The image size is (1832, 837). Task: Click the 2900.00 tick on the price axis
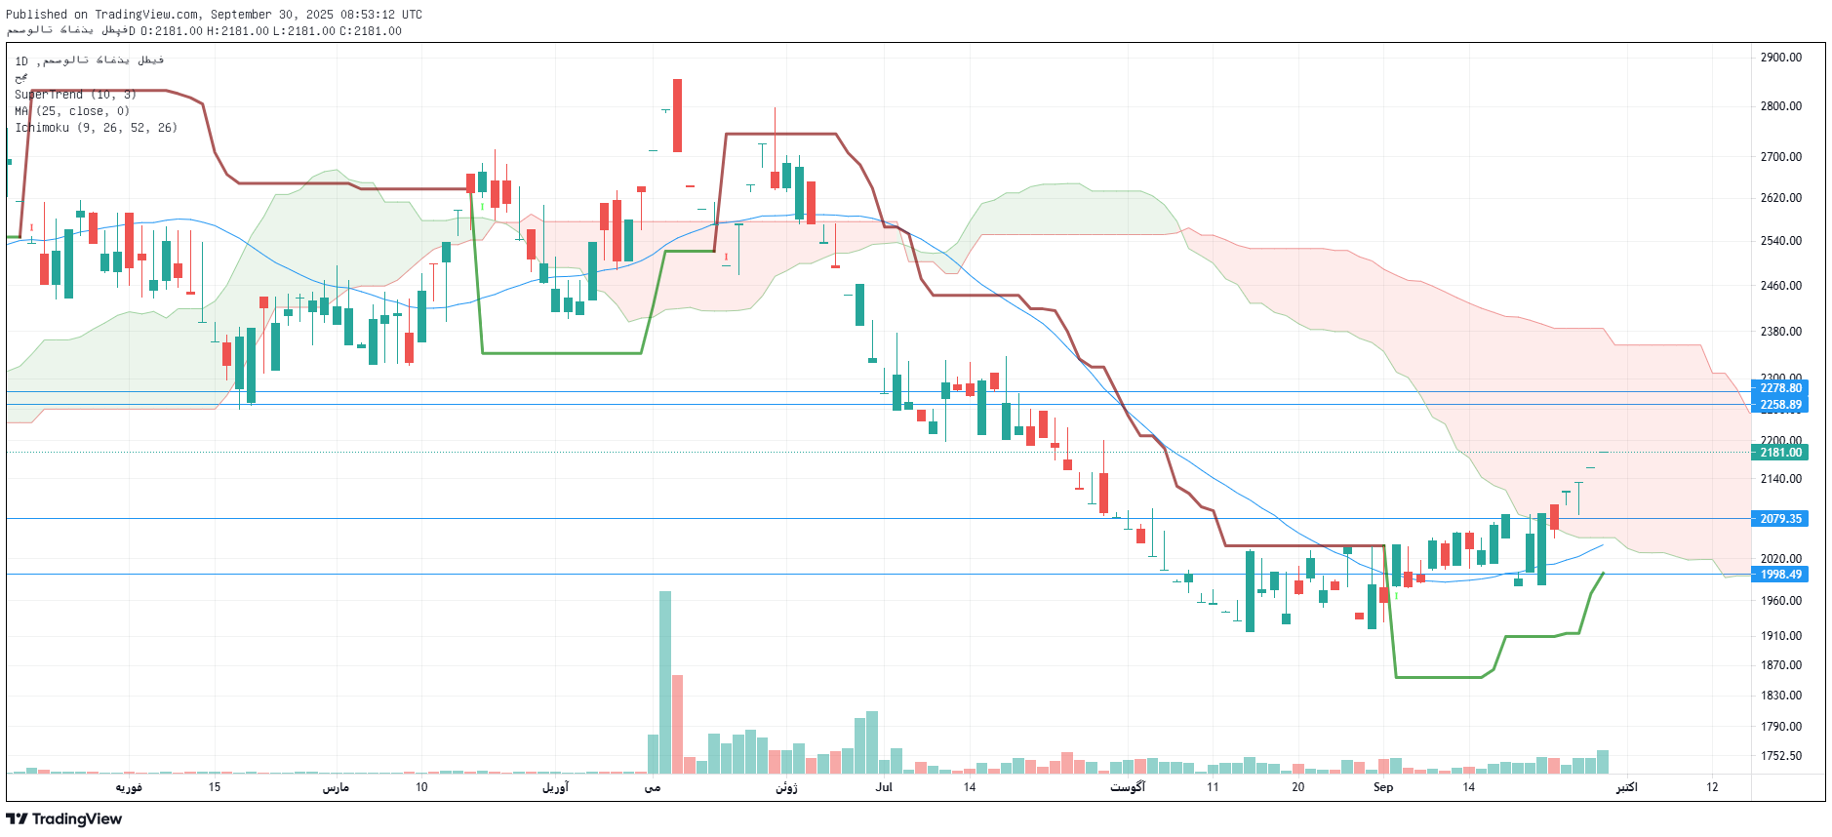point(1780,58)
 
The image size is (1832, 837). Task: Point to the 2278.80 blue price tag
point(1780,388)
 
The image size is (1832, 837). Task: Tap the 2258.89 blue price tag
point(1780,405)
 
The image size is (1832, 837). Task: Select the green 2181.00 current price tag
point(1780,453)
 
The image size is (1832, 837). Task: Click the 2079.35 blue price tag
point(1780,519)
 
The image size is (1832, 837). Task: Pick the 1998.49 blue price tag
point(1780,575)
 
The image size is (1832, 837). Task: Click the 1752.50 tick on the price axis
point(1780,756)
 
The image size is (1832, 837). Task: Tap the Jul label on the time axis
point(884,787)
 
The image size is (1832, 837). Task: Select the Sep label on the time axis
point(1383,787)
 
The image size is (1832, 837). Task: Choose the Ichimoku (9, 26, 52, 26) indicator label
point(96,128)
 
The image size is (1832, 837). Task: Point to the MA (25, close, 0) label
point(72,111)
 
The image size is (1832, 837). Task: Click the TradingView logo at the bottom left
point(64,818)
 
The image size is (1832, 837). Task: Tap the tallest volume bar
point(665,682)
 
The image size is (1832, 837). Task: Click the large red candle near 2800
point(677,116)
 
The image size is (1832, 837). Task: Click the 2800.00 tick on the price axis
point(1780,106)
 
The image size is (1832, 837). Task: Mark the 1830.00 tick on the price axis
point(1780,696)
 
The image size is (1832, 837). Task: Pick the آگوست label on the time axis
point(1128,787)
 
